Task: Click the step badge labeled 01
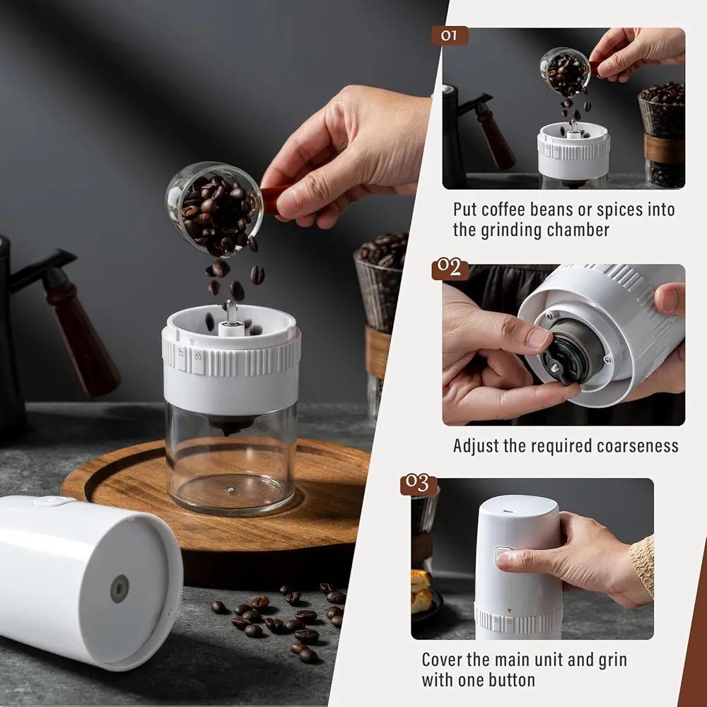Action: pyautogui.click(x=450, y=35)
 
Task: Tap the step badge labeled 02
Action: pyautogui.click(x=450, y=269)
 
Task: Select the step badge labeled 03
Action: pyautogui.click(x=419, y=484)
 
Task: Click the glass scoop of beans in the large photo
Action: pyautogui.click(x=214, y=209)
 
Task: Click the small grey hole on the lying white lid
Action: pyautogui.click(x=119, y=589)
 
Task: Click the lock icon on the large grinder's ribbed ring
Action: pyautogui.click(x=198, y=356)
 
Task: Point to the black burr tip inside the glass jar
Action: pyautogui.click(x=231, y=424)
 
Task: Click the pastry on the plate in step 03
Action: pyautogui.click(x=420, y=592)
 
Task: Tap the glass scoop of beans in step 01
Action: pyautogui.click(x=566, y=72)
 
